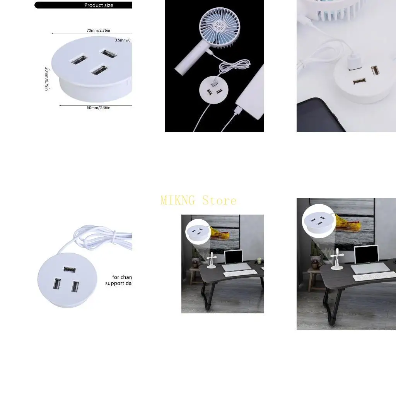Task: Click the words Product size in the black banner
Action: click(99, 5)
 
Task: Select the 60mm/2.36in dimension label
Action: click(99, 108)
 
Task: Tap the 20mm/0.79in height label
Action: click(46, 79)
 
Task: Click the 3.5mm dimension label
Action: click(123, 40)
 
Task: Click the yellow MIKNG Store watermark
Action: click(198, 200)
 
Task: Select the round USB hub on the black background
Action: click(214, 90)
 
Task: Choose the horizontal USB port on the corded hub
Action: click(70, 269)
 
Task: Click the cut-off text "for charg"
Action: click(122, 277)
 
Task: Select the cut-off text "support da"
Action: click(119, 283)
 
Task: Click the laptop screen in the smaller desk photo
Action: click(233, 257)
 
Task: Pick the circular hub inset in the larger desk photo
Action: click(318, 220)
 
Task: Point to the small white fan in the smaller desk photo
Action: click(212, 260)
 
